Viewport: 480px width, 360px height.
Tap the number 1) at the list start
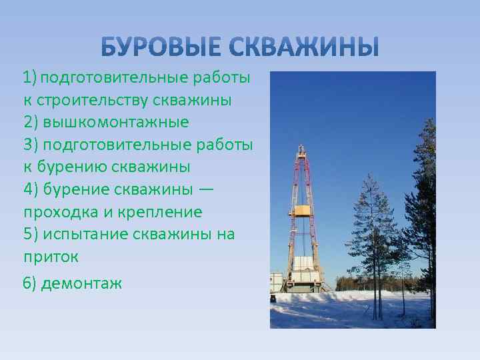coord(29,78)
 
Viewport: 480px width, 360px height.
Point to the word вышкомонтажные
coord(116,123)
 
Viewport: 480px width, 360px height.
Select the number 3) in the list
coord(31,145)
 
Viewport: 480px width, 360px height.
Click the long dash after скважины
coord(207,189)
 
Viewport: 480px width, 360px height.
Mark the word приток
coord(51,256)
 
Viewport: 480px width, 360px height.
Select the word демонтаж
coord(81,283)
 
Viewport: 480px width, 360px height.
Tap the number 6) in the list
coord(30,283)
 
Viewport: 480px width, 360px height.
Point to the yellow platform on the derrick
coord(303,211)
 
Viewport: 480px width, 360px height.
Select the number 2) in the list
coord(31,123)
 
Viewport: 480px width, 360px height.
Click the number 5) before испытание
coord(31,234)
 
